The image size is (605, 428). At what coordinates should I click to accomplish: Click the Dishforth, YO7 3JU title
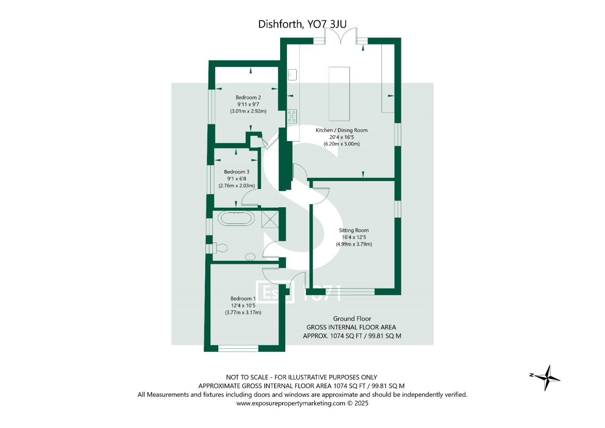click(x=302, y=24)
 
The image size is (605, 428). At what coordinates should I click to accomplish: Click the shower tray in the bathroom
click(x=270, y=219)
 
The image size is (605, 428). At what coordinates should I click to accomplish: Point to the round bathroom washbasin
click(x=250, y=257)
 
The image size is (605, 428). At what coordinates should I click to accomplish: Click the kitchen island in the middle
click(x=339, y=94)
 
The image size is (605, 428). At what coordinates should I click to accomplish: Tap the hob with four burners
click(x=292, y=116)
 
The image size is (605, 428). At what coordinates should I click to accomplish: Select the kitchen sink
click(x=292, y=75)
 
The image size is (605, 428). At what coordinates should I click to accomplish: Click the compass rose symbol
click(x=546, y=377)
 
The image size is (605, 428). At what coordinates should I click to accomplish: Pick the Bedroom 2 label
click(x=248, y=97)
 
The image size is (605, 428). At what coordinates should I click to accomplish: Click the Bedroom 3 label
click(x=237, y=172)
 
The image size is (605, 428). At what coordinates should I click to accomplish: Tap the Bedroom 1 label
click(x=243, y=298)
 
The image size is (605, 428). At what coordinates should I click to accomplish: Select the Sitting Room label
click(x=353, y=230)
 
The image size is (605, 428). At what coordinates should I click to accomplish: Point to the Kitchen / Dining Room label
click(x=341, y=130)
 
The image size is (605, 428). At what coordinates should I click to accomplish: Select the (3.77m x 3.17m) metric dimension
click(x=243, y=312)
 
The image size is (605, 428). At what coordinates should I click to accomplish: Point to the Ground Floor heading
click(x=352, y=319)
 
